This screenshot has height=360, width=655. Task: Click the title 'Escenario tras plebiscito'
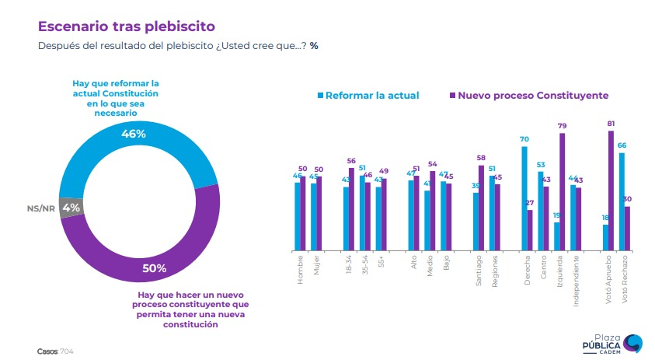coord(127,27)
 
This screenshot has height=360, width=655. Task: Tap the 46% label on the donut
coord(134,134)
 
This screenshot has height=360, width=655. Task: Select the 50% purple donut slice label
coord(154,269)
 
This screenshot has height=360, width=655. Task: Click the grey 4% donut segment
coord(71,208)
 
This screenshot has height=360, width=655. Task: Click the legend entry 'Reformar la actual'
coord(368,96)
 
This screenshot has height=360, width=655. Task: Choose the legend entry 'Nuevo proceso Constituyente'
coord(528,96)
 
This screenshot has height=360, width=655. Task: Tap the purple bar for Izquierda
coord(562,191)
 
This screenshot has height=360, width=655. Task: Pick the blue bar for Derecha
coord(524,198)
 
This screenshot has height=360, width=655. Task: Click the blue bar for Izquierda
coord(556,236)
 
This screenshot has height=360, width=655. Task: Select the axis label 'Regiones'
coord(494,271)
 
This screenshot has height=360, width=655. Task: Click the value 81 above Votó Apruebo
coord(611,124)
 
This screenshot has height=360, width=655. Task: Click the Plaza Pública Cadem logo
coord(614,342)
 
